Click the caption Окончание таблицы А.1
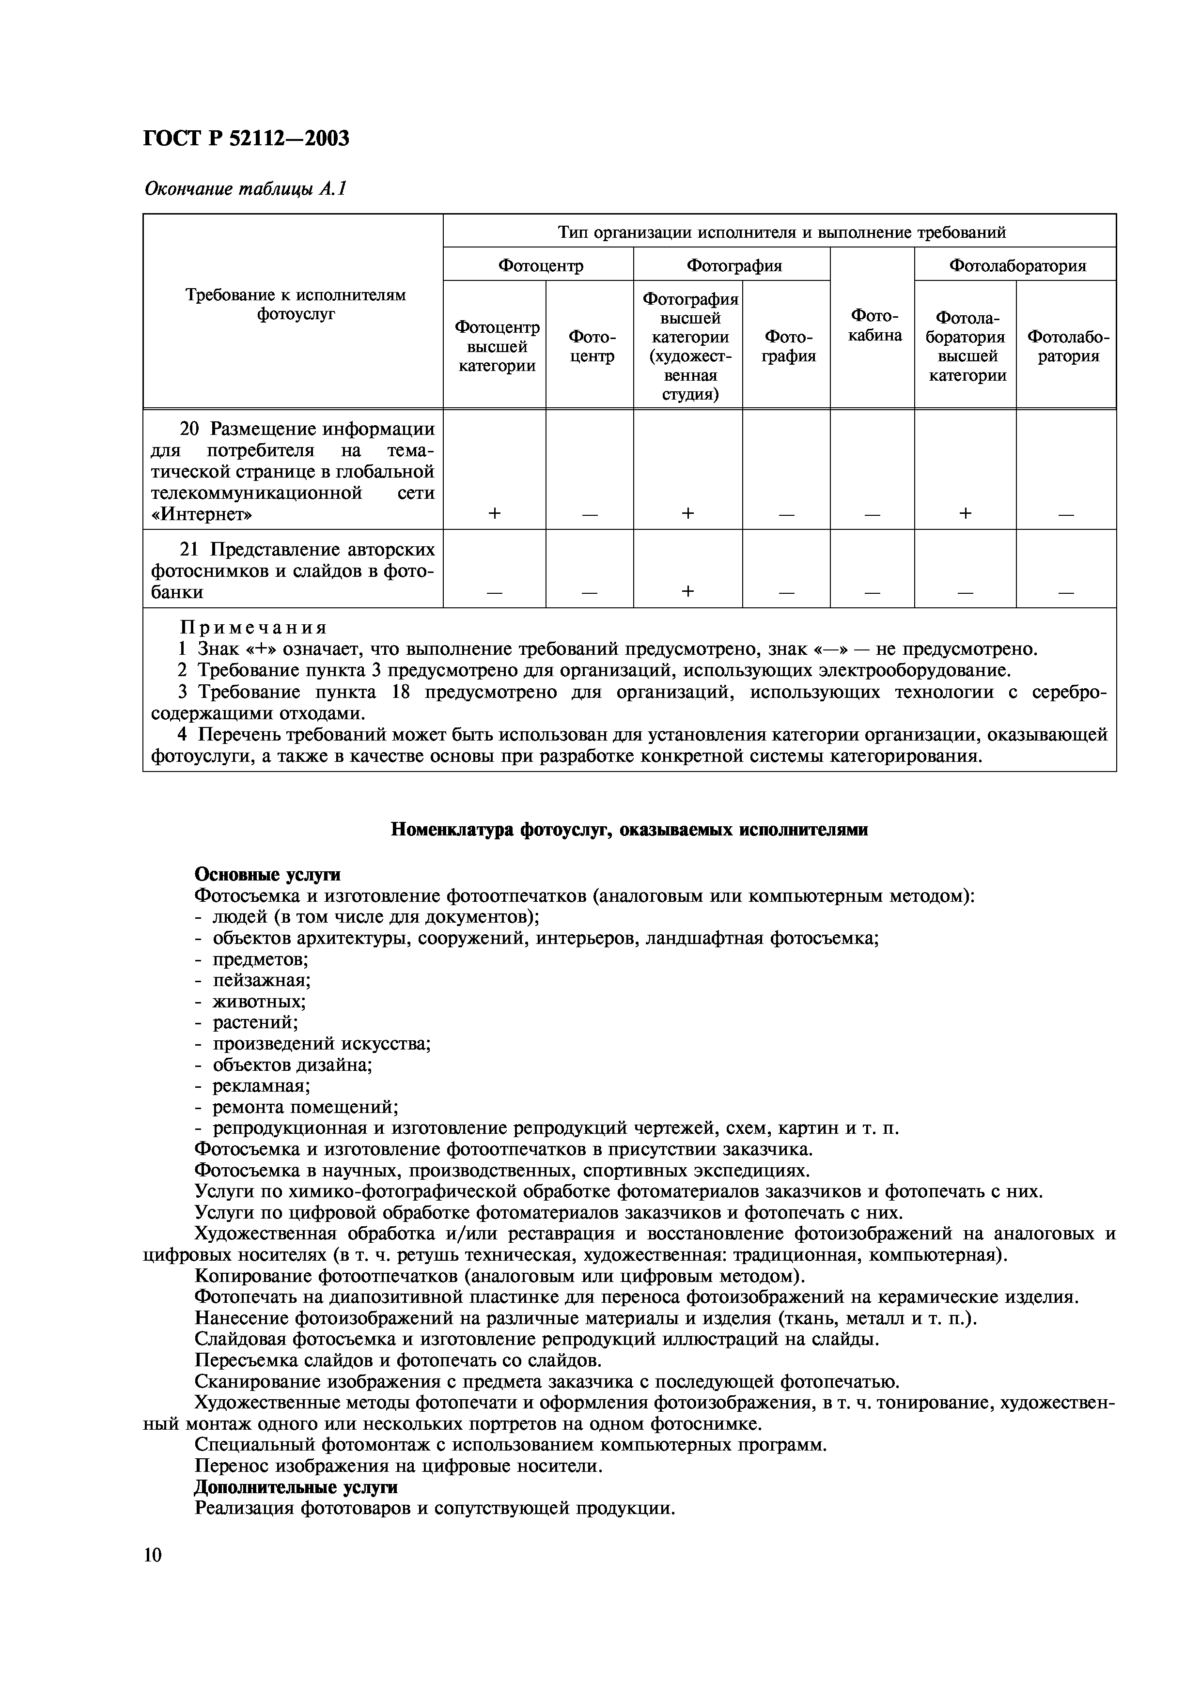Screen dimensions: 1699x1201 click(245, 189)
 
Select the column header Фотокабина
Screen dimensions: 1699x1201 click(874, 325)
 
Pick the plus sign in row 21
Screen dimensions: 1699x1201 click(687, 590)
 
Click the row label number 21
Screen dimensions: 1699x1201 click(191, 550)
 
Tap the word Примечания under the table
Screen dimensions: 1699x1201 click(254, 628)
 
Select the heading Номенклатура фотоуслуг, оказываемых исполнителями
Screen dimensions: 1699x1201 click(629, 830)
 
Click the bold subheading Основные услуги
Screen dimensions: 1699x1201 click(267, 875)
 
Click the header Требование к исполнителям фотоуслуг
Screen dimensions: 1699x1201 click(295, 304)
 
